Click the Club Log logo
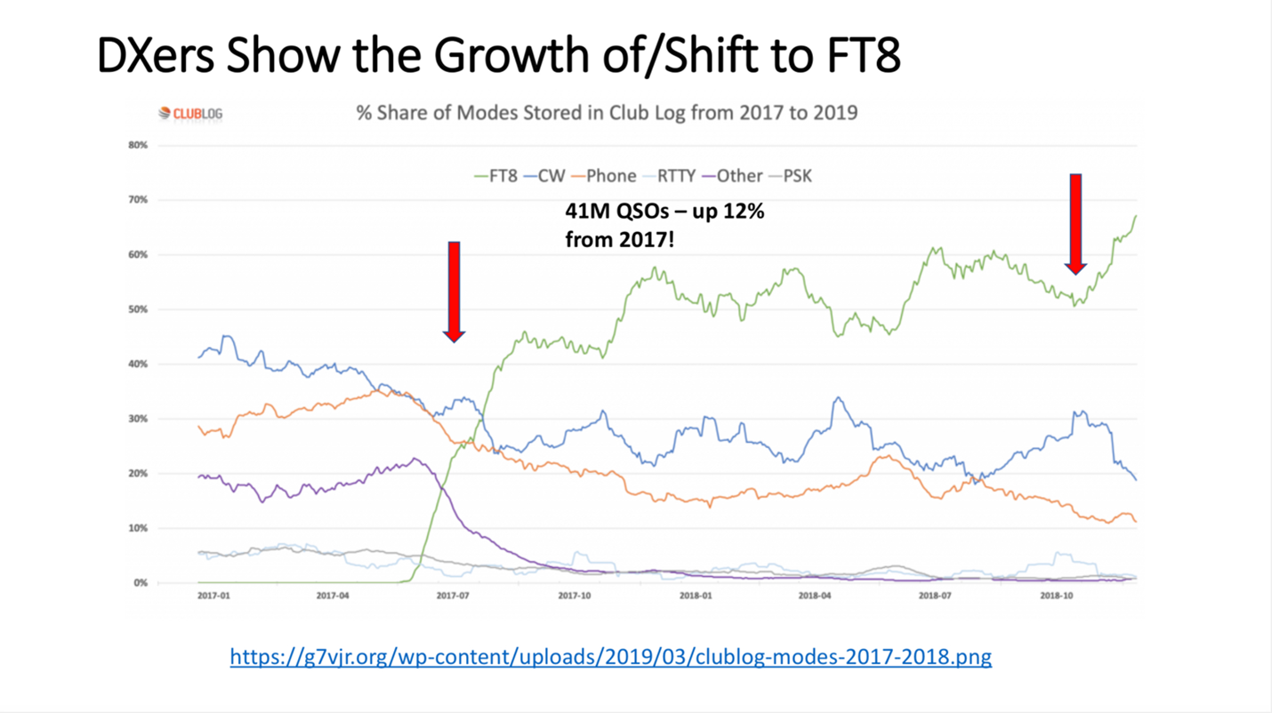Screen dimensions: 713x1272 (190, 113)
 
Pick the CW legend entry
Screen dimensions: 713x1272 (544, 175)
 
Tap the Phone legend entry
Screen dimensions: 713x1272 (604, 175)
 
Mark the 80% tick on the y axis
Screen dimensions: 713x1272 (138, 145)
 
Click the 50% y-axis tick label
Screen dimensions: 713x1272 (138, 309)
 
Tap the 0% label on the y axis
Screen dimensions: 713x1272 (141, 583)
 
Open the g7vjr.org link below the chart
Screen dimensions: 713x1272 (610, 657)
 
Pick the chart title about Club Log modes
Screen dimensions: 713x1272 (607, 113)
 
